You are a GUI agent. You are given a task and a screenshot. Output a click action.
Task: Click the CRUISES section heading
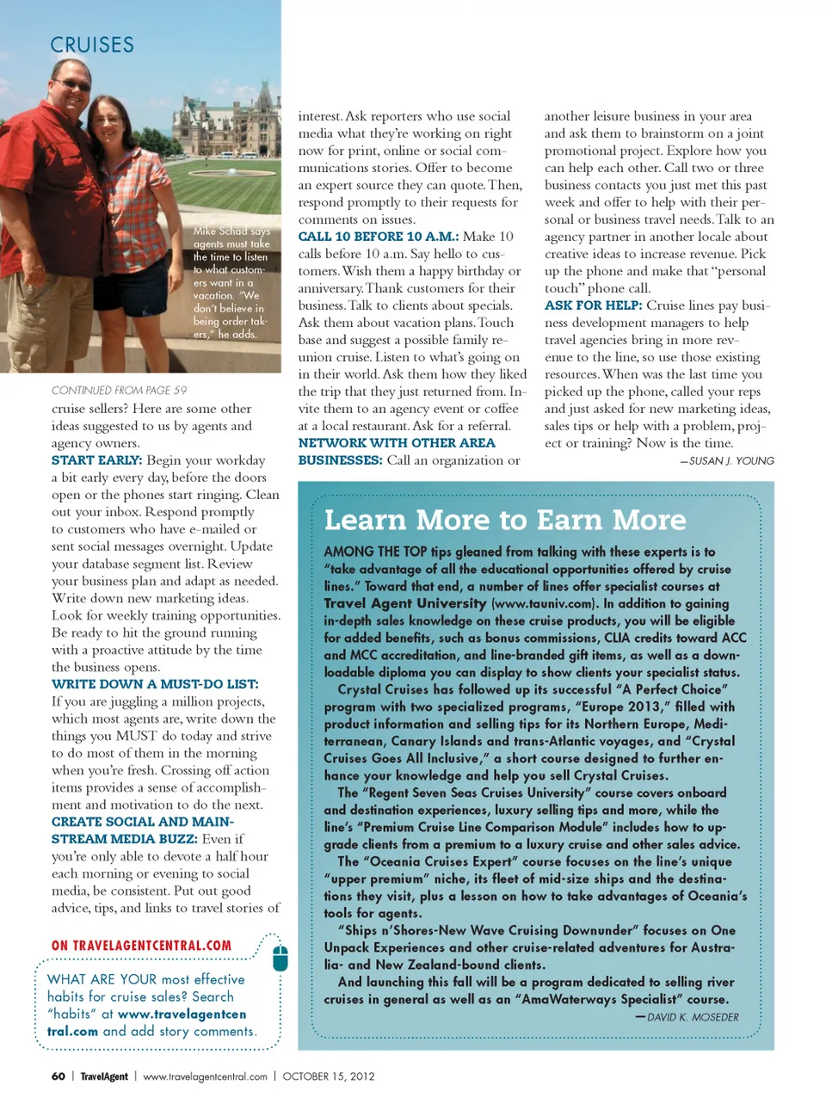pyautogui.click(x=92, y=45)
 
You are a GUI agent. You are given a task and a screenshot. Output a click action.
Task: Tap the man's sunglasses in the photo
pyautogui.click(x=73, y=85)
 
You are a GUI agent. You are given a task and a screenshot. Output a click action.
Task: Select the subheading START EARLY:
pyautogui.click(x=96, y=460)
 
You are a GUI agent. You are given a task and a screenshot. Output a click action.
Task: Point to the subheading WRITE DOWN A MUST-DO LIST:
pyautogui.click(x=155, y=684)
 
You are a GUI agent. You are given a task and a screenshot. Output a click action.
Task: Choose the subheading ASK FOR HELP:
pyautogui.click(x=593, y=305)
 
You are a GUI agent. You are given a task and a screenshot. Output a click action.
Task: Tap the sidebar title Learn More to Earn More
pyautogui.click(x=505, y=520)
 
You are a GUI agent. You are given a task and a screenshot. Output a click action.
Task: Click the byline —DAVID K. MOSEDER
pyautogui.click(x=687, y=1017)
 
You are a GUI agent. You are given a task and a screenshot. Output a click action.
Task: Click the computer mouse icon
pyautogui.click(x=280, y=957)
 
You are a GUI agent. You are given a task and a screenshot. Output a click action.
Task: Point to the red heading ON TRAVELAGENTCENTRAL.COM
pyautogui.click(x=141, y=946)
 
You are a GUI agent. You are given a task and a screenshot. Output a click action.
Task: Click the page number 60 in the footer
pyautogui.click(x=59, y=1076)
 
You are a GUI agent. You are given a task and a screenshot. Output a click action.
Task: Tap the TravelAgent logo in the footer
pyautogui.click(x=104, y=1076)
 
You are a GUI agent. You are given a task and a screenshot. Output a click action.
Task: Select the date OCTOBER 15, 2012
pyautogui.click(x=329, y=1076)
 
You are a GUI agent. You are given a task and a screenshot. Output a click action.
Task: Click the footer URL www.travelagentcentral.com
pyautogui.click(x=205, y=1076)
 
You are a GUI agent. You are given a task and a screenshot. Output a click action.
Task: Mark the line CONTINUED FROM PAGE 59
pyautogui.click(x=119, y=391)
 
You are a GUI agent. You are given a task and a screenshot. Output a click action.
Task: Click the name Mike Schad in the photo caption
pyautogui.click(x=219, y=231)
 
